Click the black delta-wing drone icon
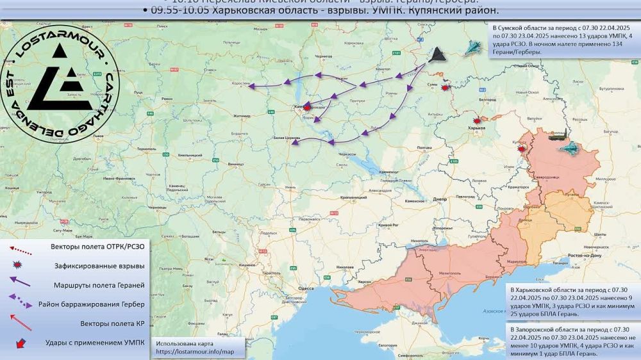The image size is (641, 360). pyautogui.click(x=438, y=56)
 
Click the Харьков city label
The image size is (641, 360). pyautogui.click(x=477, y=128)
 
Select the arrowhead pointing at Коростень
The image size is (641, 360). pyautogui.click(x=251, y=86)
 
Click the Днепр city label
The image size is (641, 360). pyautogui.click(x=440, y=199)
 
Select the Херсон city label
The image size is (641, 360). pyautogui.click(x=365, y=281)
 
